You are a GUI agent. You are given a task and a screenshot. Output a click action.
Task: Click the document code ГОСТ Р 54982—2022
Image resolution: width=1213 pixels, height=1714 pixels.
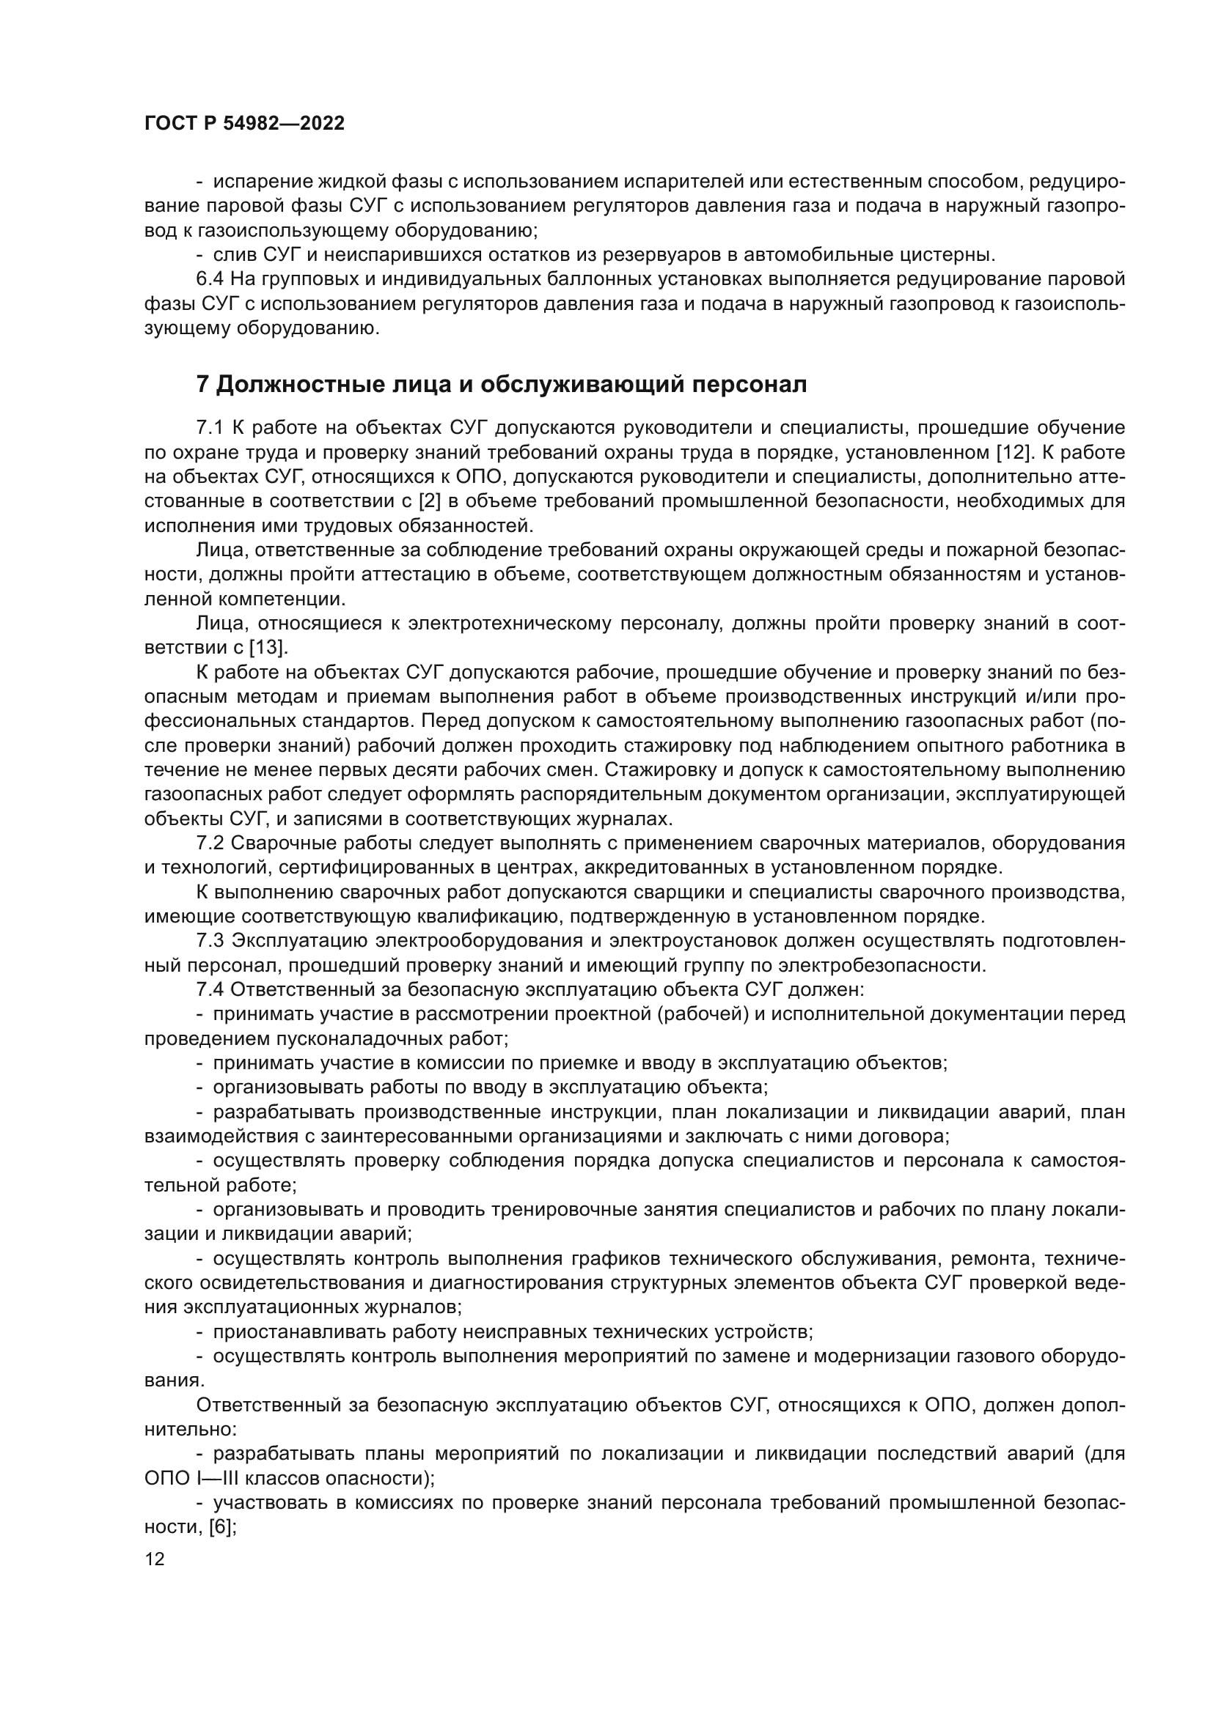click(244, 124)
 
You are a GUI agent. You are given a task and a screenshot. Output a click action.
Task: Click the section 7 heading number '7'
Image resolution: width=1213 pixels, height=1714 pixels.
click(202, 385)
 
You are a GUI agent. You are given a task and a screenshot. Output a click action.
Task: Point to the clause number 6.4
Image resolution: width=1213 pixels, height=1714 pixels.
click(210, 280)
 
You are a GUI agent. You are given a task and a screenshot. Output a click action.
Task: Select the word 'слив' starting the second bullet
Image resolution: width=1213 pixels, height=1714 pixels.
click(235, 255)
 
